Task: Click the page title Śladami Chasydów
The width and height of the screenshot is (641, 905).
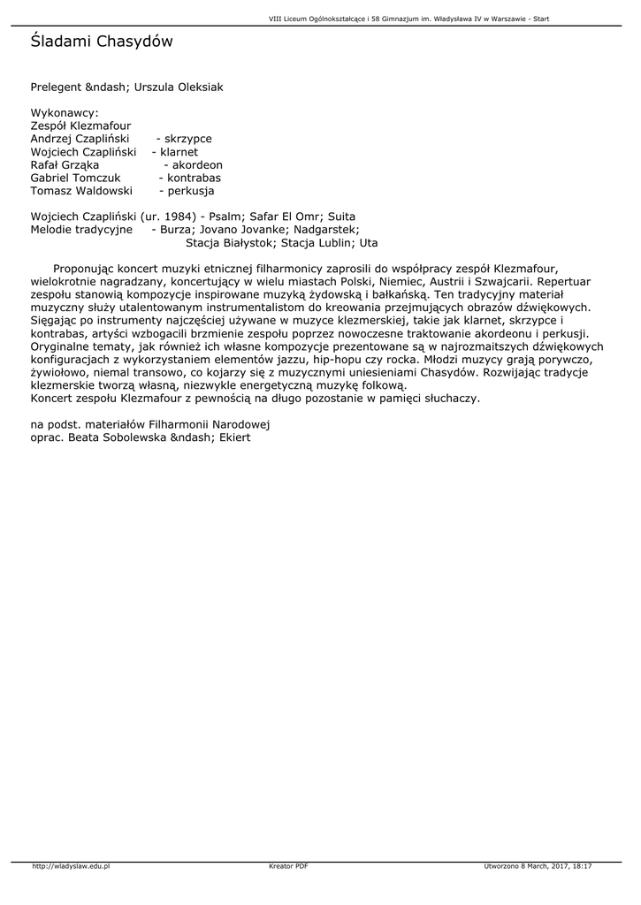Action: (x=102, y=42)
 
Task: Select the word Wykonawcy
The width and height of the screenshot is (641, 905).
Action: (x=64, y=114)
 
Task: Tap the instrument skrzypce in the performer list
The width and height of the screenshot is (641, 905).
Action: (x=187, y=140)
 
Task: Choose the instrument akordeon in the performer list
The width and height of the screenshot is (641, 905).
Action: (x=197, y=165)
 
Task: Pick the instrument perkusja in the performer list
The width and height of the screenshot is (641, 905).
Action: (x=190, y=191)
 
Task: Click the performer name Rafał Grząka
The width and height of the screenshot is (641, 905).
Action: (x=65, y=165)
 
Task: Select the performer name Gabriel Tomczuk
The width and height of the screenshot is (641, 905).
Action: (x=75, y=178)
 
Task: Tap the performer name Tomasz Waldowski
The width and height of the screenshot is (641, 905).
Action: (x=81, y=191)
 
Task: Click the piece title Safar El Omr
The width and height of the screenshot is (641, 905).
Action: (x=281, y=217)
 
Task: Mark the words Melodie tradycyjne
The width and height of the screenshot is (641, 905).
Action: (x=81, y=229)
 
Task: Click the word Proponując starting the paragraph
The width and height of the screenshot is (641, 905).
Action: (x=86, y=268)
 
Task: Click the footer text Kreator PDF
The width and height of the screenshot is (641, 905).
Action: (x=288, y=866)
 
